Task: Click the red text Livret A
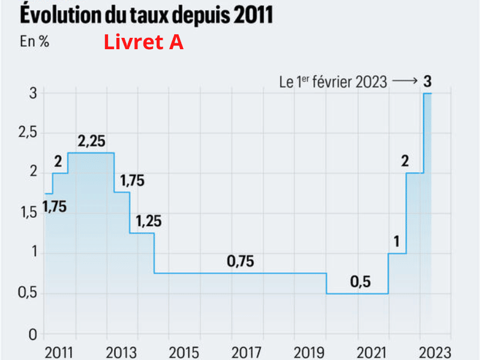pyautogui.click(x=143, y=43)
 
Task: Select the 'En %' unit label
pyautogui.click(x=35, y=43)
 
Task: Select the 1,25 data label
pyautogui.click(x=149, y=221)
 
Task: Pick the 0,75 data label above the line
pyautogui.click(x=241, y=261)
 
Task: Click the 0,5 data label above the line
pyautogui.click(x=360, y=281)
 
